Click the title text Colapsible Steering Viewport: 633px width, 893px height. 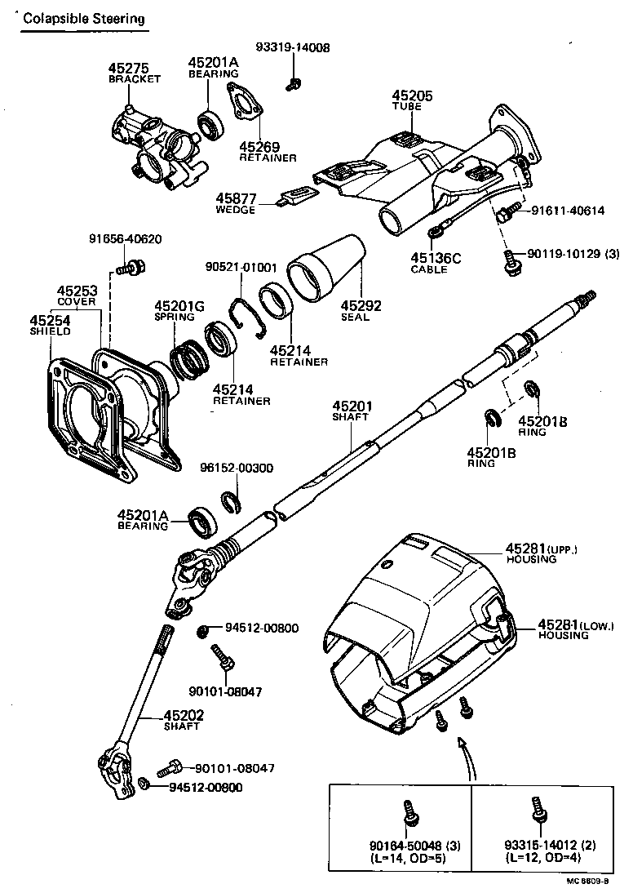click(85, 18)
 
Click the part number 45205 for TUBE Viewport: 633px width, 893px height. click(412, 96)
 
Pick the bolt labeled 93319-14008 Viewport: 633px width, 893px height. click(295, 82)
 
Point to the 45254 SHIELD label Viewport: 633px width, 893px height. click(51, 326)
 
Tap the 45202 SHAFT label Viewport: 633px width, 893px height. click(184, 720)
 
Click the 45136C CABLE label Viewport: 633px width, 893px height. click(436, 263)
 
